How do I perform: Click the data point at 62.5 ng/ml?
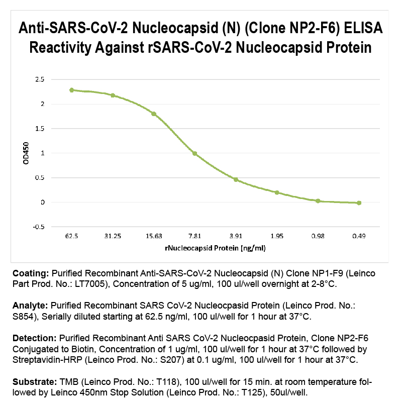click(x=71, y=90)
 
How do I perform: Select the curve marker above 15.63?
click(x=154, y=114)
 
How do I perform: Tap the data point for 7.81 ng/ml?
click(x=195, y=154)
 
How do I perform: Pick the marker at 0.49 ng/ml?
click(x=359, y=203)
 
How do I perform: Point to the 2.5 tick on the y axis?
click(x=40, y=79)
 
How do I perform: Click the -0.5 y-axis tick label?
click(x=39, y=227)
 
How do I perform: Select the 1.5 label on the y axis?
click(x=40, y=129)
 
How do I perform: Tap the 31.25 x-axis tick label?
click(x=113, y=236)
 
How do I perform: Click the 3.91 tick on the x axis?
click(x=236, y=236)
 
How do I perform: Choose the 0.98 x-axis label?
click(x=318, y=236)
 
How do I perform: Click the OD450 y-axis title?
click(x=26, y=153)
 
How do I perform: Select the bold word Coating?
click(x=31, y=273)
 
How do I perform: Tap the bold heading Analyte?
click(x=30, y=306)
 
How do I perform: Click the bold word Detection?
click(x=35, y=338)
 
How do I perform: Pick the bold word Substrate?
click(x=35, y=382)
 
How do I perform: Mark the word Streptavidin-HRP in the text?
click(x=47, y=360)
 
